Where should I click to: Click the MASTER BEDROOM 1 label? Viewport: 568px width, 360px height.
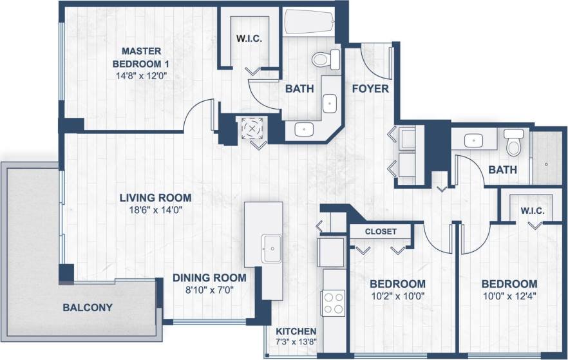(x=140, y=57)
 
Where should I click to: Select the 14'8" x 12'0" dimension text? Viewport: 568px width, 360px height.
(x=140, y=75)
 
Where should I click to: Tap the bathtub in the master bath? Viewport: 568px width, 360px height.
(x=308, y=23)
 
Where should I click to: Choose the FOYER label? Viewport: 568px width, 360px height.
(x=370, y=88)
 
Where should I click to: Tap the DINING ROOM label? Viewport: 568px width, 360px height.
(x=209, y=278)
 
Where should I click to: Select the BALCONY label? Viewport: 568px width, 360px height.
(x=88, y=307)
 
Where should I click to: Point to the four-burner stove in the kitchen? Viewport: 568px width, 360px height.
(x=333, y=302)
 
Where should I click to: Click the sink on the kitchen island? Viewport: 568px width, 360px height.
(x=270, y=245)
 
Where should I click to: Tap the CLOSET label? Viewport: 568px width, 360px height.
(x=381, y=231)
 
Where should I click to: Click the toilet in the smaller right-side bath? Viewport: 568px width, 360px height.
(x=513, y=143)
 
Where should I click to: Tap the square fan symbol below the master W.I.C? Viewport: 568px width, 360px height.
(x=252, y=128)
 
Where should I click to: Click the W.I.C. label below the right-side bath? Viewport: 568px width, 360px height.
(x=534, y=211)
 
